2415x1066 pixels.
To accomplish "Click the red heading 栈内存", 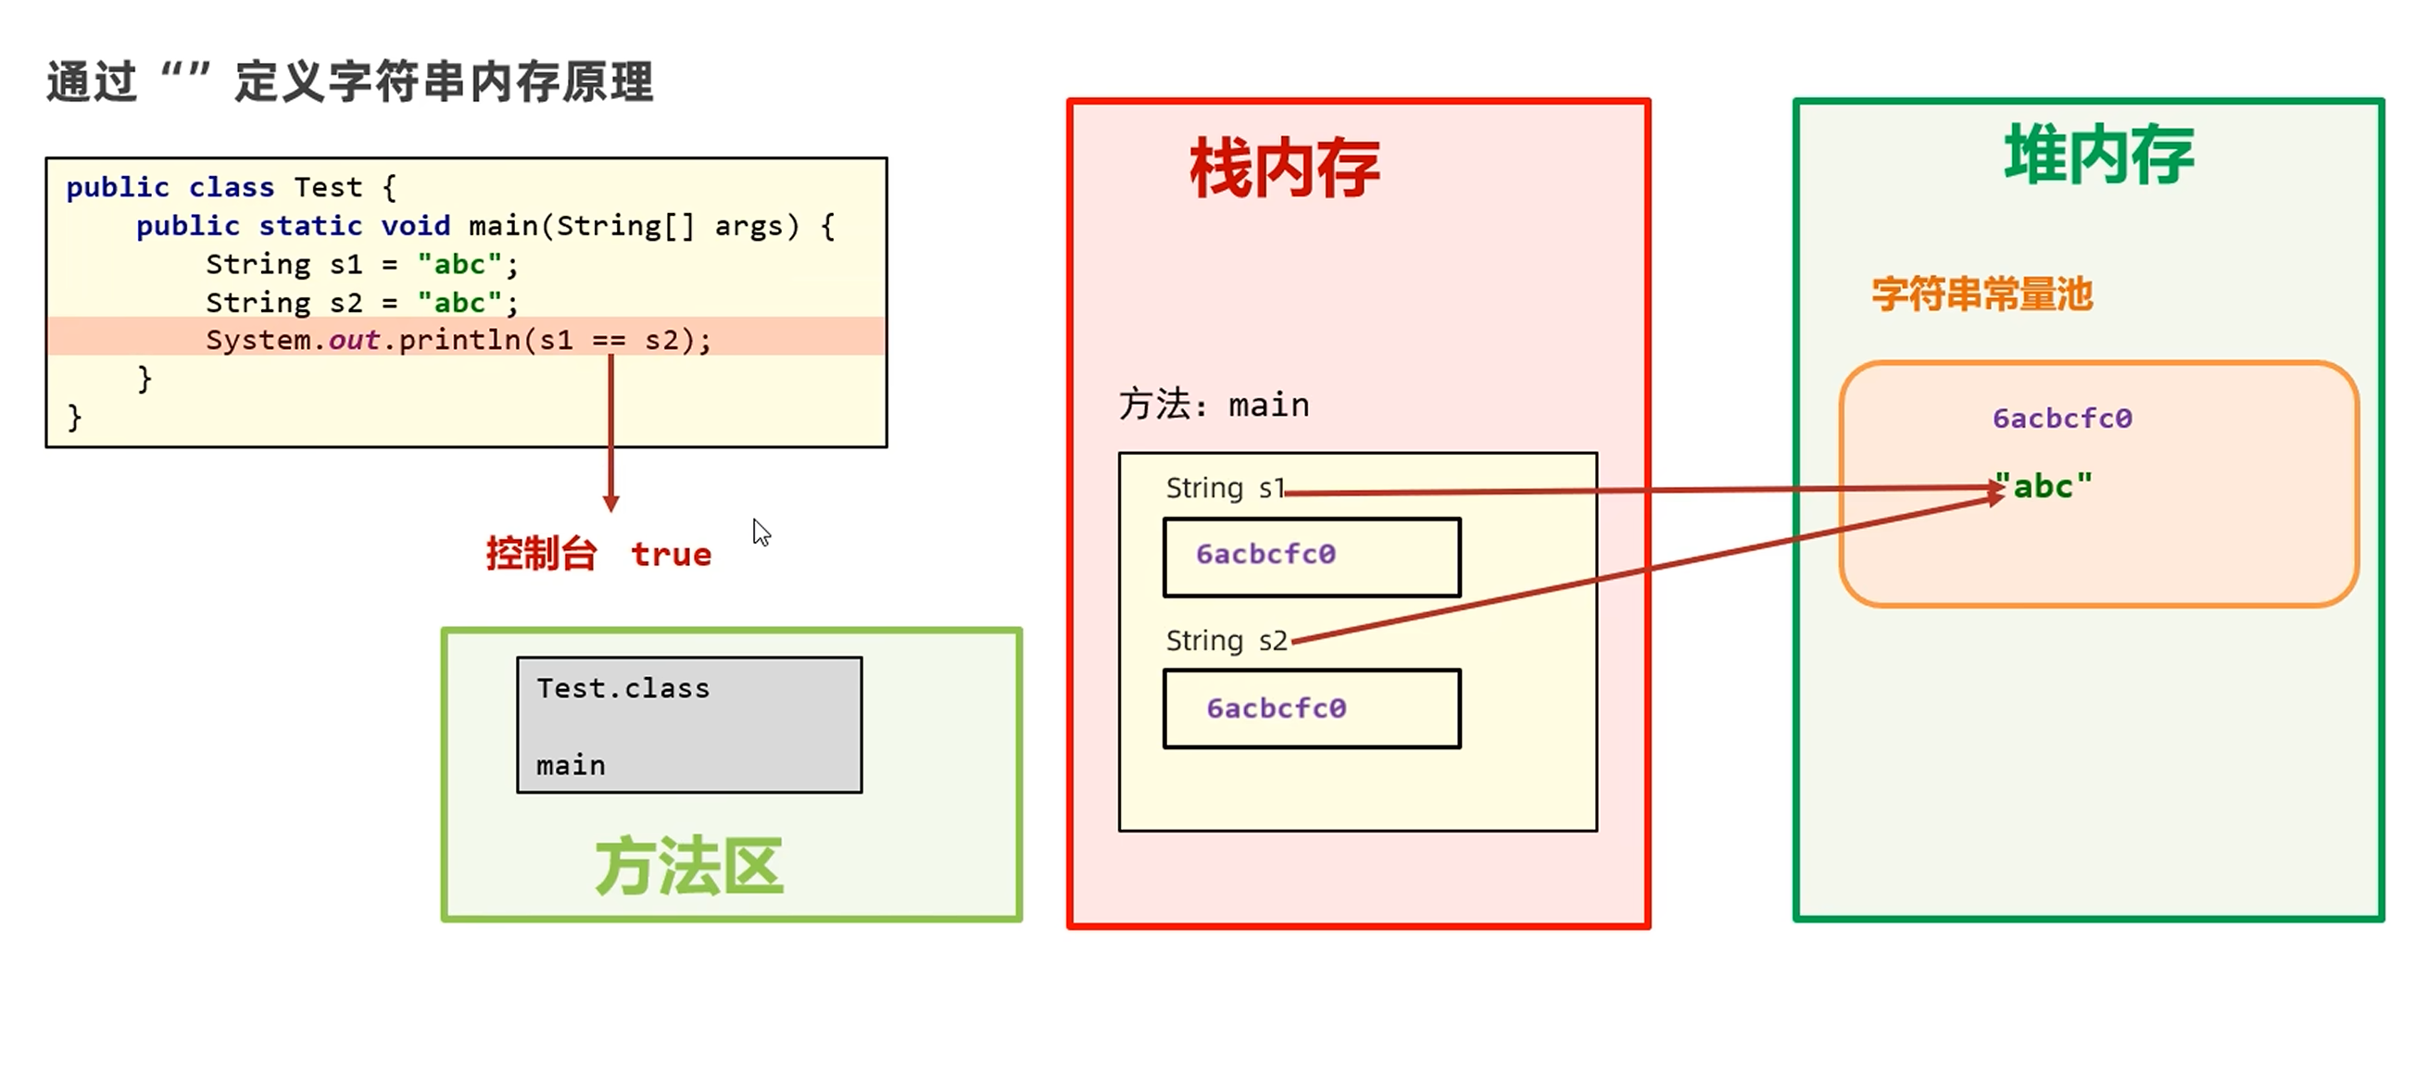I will pyautogui.click(x=1284, y=169).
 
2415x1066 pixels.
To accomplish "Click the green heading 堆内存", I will pyautogui.click(x=2099, y=156).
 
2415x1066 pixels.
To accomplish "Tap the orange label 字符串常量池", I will pyautogui.click(x=1981, y=295).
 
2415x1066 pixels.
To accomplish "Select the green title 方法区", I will pyautogui.click(x=689, y=866).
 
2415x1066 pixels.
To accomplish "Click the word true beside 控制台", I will pyautogui.click(x=672, y=554).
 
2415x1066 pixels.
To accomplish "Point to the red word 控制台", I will pyautogui.click(x=541, y=554).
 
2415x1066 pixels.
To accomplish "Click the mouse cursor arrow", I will pyautogui.click(x=761, y=532).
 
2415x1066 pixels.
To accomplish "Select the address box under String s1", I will pyautogui.click(x=1312, y=557).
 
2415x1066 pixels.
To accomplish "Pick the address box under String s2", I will pyautogui.click(x=1312, y=709).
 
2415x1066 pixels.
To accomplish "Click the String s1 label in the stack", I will pyautogui.click(x=1225, y=488).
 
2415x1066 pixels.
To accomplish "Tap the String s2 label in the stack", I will pyautogui.click(x=1226, y=641).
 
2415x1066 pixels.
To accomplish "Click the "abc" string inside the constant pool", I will pyautogui.click(x=2044, y=486).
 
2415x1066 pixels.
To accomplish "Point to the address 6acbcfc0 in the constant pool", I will pyautogui.click(x=2062, y=418).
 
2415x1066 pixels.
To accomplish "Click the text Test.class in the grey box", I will pyautogui.click(x=623, y=688).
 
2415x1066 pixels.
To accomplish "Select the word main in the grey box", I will pyautogui.click(x=570, y=766).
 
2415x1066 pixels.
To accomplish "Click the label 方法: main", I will pyautogui.click(x=1214, y=405).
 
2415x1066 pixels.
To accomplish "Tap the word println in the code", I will pyautogui.click(x=459, y=339).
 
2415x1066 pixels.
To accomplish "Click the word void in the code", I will pyautogui.click(x=415, y=226).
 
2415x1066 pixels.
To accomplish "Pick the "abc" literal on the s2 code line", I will pyautogui.click(x=459, y=303).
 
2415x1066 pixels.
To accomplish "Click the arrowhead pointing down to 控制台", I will pyautogui.click(x=611, y=504).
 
